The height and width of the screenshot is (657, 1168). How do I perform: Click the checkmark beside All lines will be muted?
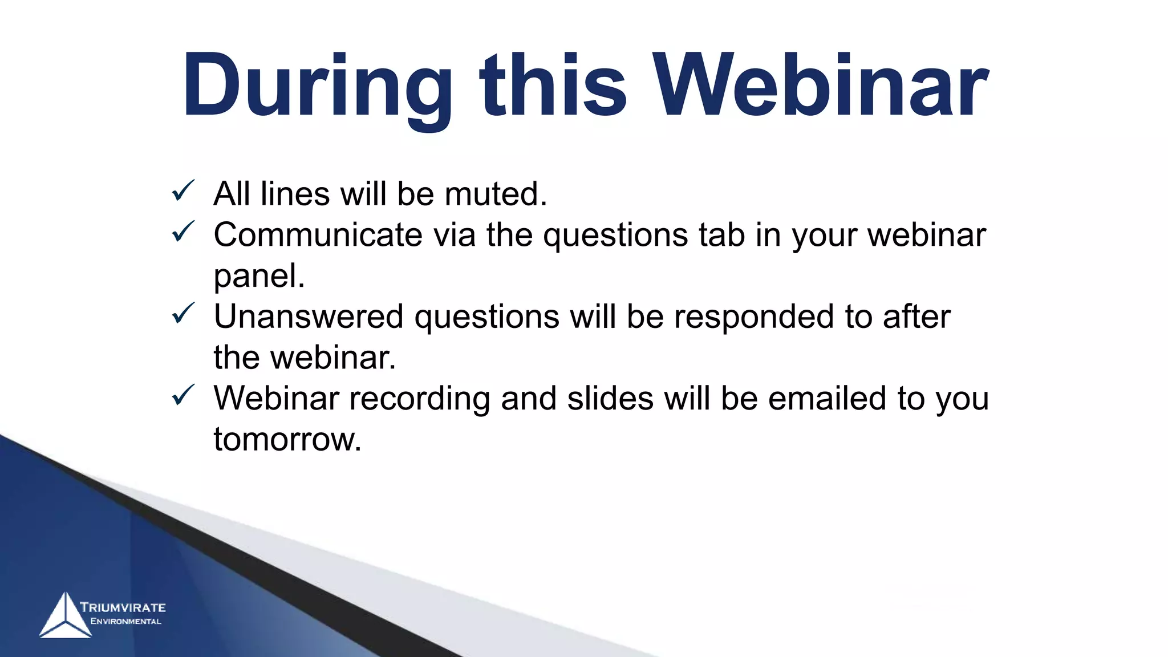(183, 191)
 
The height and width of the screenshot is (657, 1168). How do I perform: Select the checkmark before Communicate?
(183, 232)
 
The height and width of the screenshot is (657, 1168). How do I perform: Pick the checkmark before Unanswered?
(183, 314)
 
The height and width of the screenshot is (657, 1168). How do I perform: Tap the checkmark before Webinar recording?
(183, 395)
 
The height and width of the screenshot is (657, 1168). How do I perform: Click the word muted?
(495, 194)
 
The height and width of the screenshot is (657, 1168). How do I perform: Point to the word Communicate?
(317, 235)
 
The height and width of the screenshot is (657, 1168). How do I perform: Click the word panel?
(258, 277)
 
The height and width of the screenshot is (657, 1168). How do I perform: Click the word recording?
(419, 399)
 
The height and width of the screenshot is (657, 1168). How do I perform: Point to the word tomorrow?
(287, 440)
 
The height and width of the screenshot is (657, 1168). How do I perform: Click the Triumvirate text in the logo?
(123, 608)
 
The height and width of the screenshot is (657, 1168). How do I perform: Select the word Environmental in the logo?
(126, 622)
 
